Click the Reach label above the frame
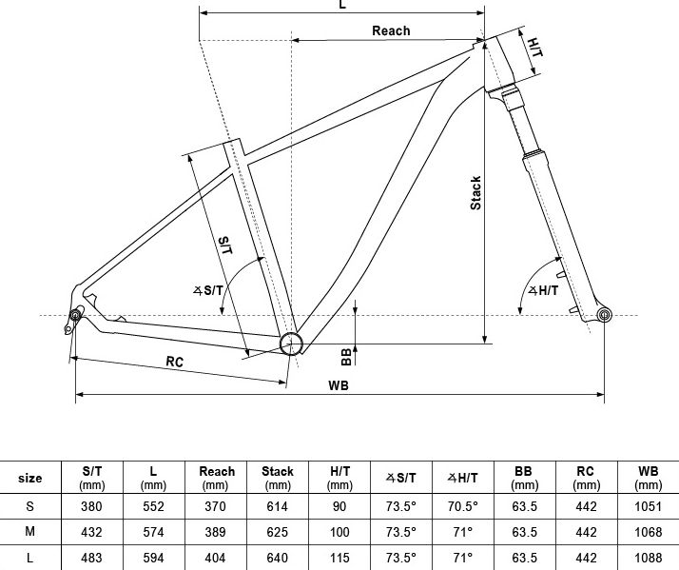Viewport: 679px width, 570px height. tap(391, 30)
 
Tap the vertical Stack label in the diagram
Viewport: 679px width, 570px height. tap(475, 193)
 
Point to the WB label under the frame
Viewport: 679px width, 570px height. tap(339, 385)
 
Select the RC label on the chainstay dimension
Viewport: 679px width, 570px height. tap(175, 362)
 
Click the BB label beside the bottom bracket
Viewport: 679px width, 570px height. tap(346, 357)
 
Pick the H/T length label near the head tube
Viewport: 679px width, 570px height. tap(535, 48)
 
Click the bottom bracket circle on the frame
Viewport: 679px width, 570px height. tap(291, 344)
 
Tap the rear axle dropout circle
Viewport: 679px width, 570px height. tap(75, 315)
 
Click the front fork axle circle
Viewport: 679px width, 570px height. tap(604, 315)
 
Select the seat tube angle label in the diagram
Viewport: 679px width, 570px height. tap(208, 290)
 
